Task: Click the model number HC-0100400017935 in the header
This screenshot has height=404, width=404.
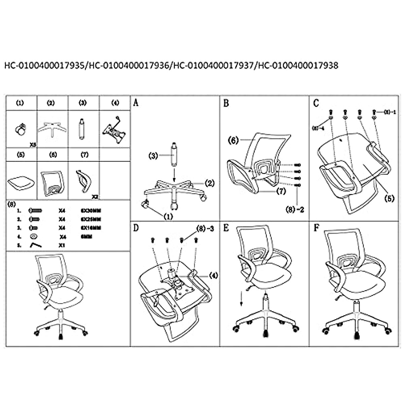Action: pyautogui.click(x=44, y=65)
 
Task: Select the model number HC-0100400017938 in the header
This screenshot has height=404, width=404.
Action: pyautogui.click(x=297, y=65)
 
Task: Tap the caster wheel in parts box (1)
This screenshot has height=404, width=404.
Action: pyautogui.click(x=21, y=130)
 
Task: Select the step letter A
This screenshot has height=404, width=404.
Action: pyautogui.click(x=136, y=103)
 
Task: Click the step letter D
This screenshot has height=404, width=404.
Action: pyautogui.click(x=136, y=228)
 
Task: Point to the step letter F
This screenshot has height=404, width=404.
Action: pyautogui.click(x=316, y=228)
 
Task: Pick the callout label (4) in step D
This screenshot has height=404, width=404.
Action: pyautogui.click(x=213, y=275)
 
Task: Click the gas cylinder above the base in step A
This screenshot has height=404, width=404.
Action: pyautogui.click(x=174, y=155)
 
